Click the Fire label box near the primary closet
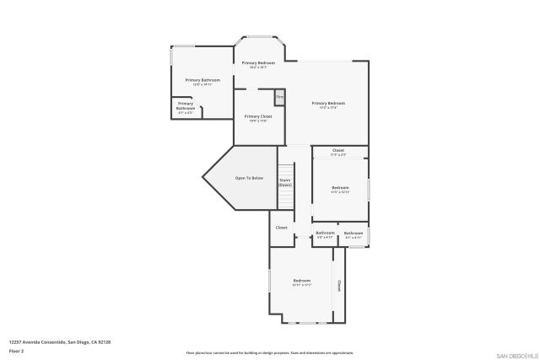coord(279,97)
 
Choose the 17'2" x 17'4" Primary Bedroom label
coord(327,105)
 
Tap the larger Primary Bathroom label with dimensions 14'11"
coord(202,82)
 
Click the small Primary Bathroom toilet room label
coord(186,107)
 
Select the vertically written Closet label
coord(339,285)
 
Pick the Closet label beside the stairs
coord(282,227)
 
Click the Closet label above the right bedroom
coord(337,152)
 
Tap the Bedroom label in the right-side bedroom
coord(340,189)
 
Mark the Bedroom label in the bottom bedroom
coord(302,282)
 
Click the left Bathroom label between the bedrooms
coord(325,234)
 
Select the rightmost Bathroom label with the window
coord(353,234)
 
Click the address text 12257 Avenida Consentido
coord(60,341)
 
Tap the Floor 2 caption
coord(17,350)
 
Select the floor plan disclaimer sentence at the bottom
coord(269,353)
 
